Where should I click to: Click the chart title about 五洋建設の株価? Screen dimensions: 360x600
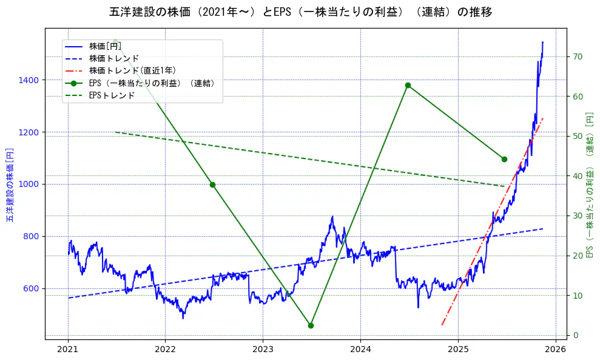300,12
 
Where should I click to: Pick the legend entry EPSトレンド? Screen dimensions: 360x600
112,95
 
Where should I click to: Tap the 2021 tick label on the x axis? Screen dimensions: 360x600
68,350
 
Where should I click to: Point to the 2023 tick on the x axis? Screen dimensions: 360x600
263,350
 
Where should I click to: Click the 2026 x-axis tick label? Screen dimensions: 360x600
556,350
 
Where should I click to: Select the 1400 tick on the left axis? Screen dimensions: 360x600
29,80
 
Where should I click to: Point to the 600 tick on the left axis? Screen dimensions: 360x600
32,288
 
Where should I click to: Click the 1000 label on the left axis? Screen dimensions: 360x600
29,185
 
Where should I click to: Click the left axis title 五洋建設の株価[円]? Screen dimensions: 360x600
10,185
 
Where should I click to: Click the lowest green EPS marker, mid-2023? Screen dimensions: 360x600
311,325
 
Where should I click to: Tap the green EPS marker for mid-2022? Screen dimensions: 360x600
212,185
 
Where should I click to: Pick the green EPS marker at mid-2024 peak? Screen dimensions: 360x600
408,85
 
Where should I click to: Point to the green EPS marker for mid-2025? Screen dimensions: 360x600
504,159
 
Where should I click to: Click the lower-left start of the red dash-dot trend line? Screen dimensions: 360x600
442,325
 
